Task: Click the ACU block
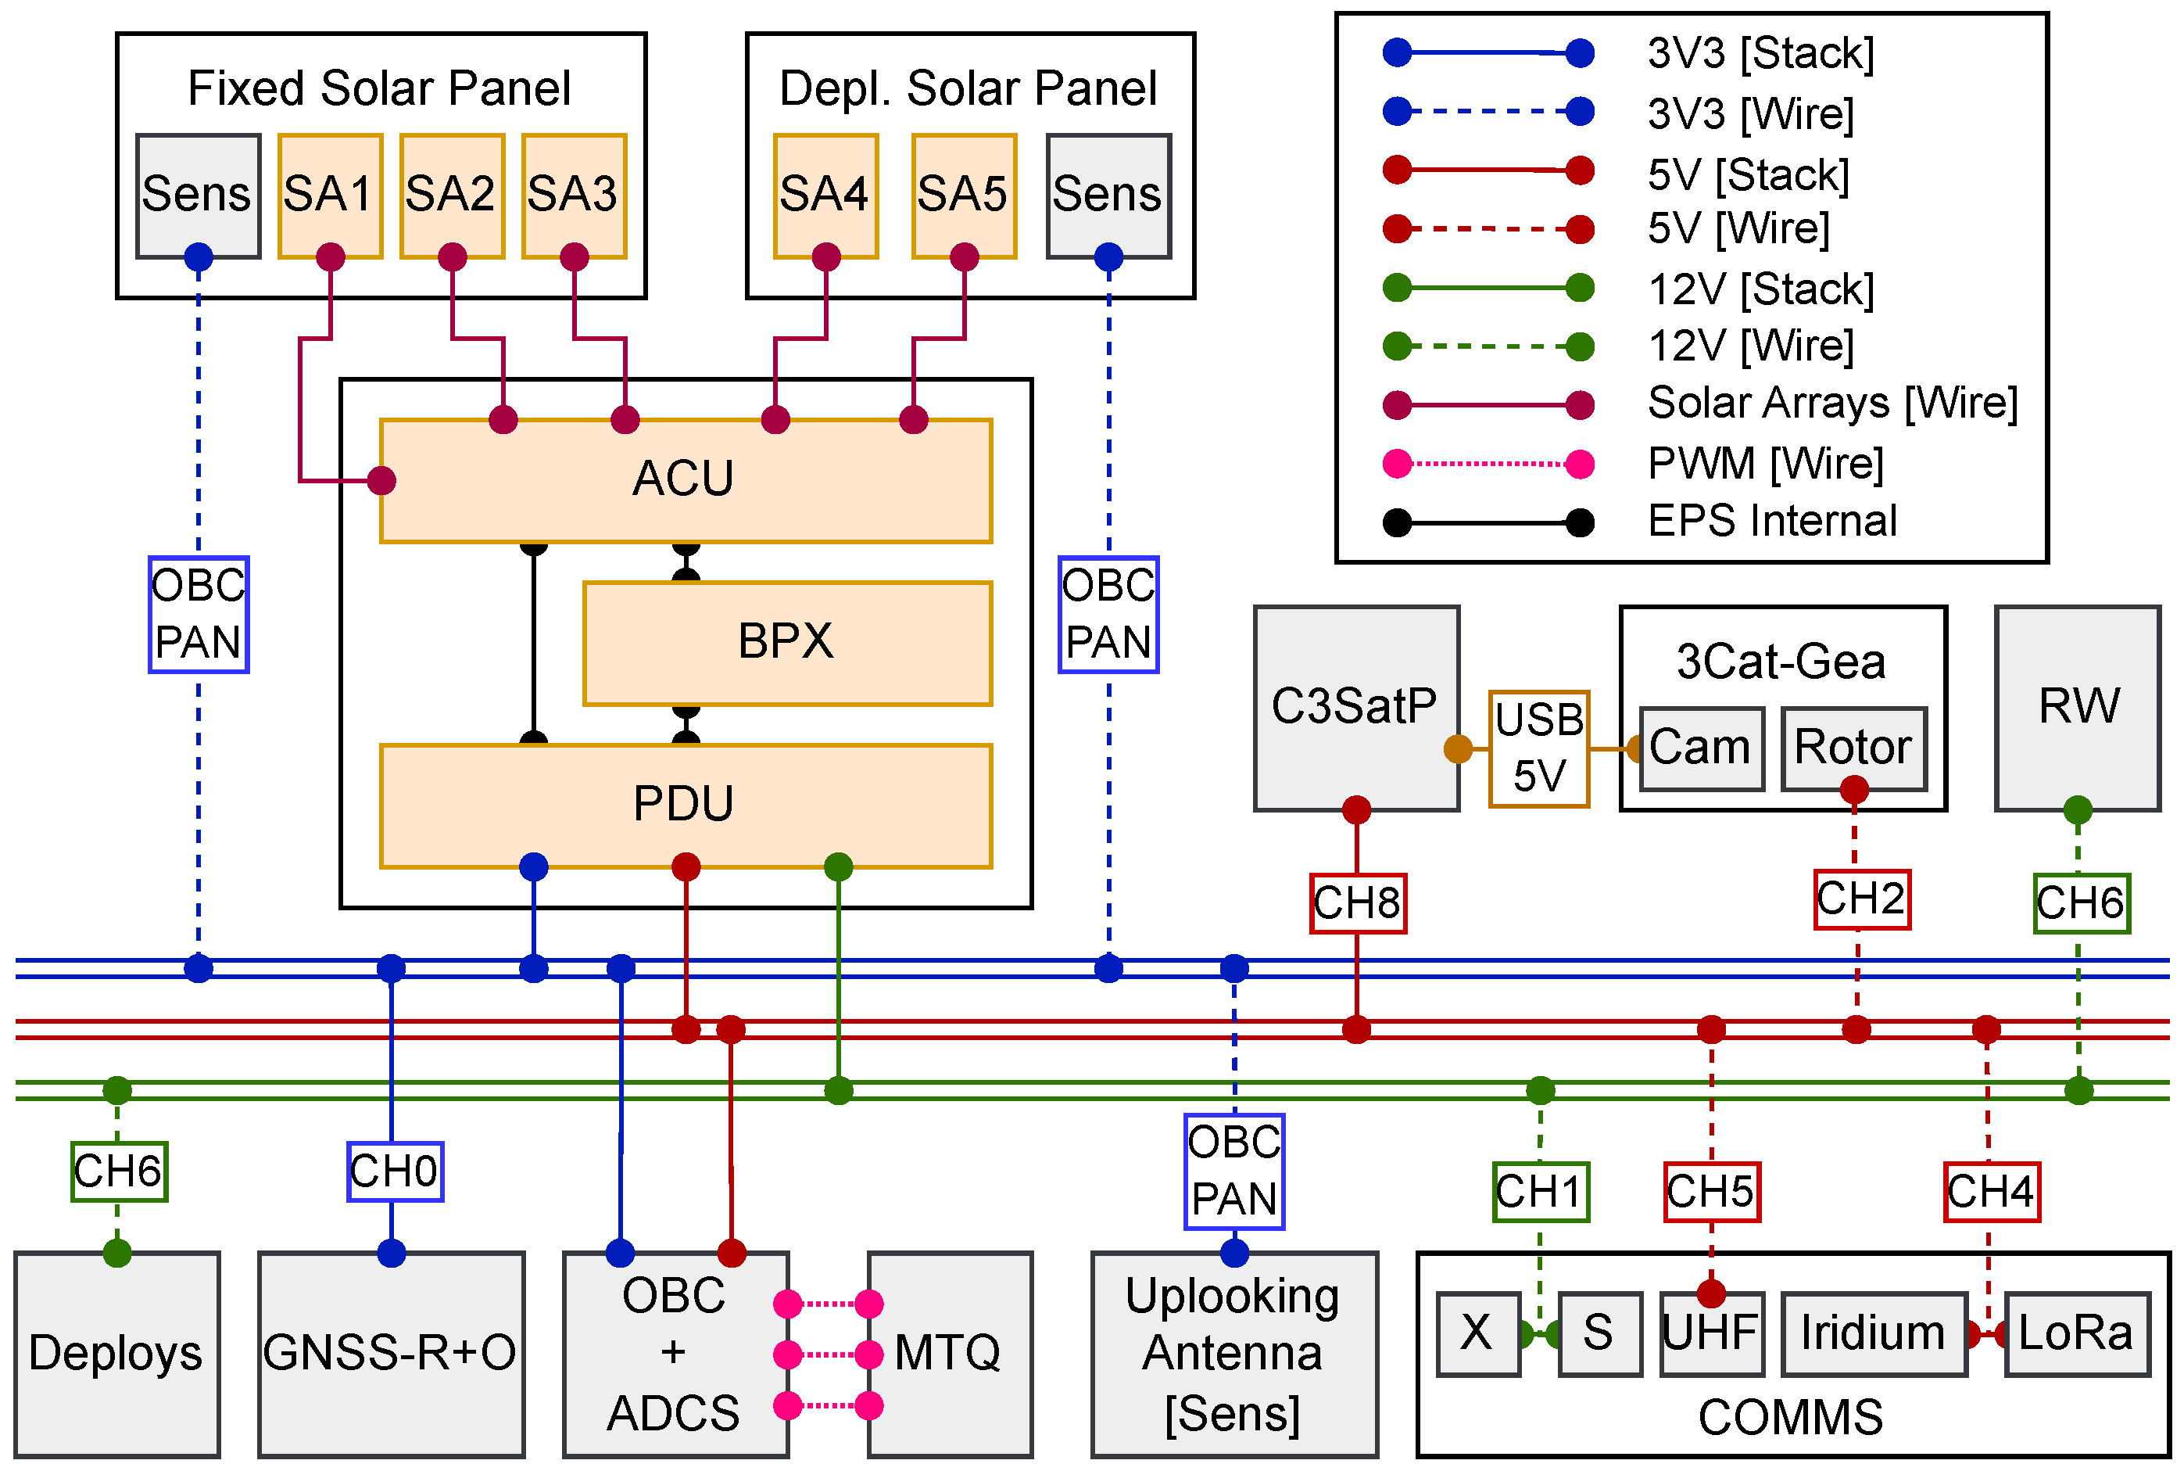coord(686,480)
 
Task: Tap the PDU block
coord(686,805)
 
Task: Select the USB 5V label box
coord(1539,748)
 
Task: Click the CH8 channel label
coord(1357,903)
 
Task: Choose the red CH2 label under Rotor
coord(1861,899)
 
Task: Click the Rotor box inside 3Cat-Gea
coord(1853,748)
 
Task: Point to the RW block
coord(2077,708)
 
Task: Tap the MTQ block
coord(949,1353)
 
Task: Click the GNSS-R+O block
coord(391,1353)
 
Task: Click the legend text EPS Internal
coord(1771,521)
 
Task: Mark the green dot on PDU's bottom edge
coord(837,866)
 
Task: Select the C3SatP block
coord(1355,708)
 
